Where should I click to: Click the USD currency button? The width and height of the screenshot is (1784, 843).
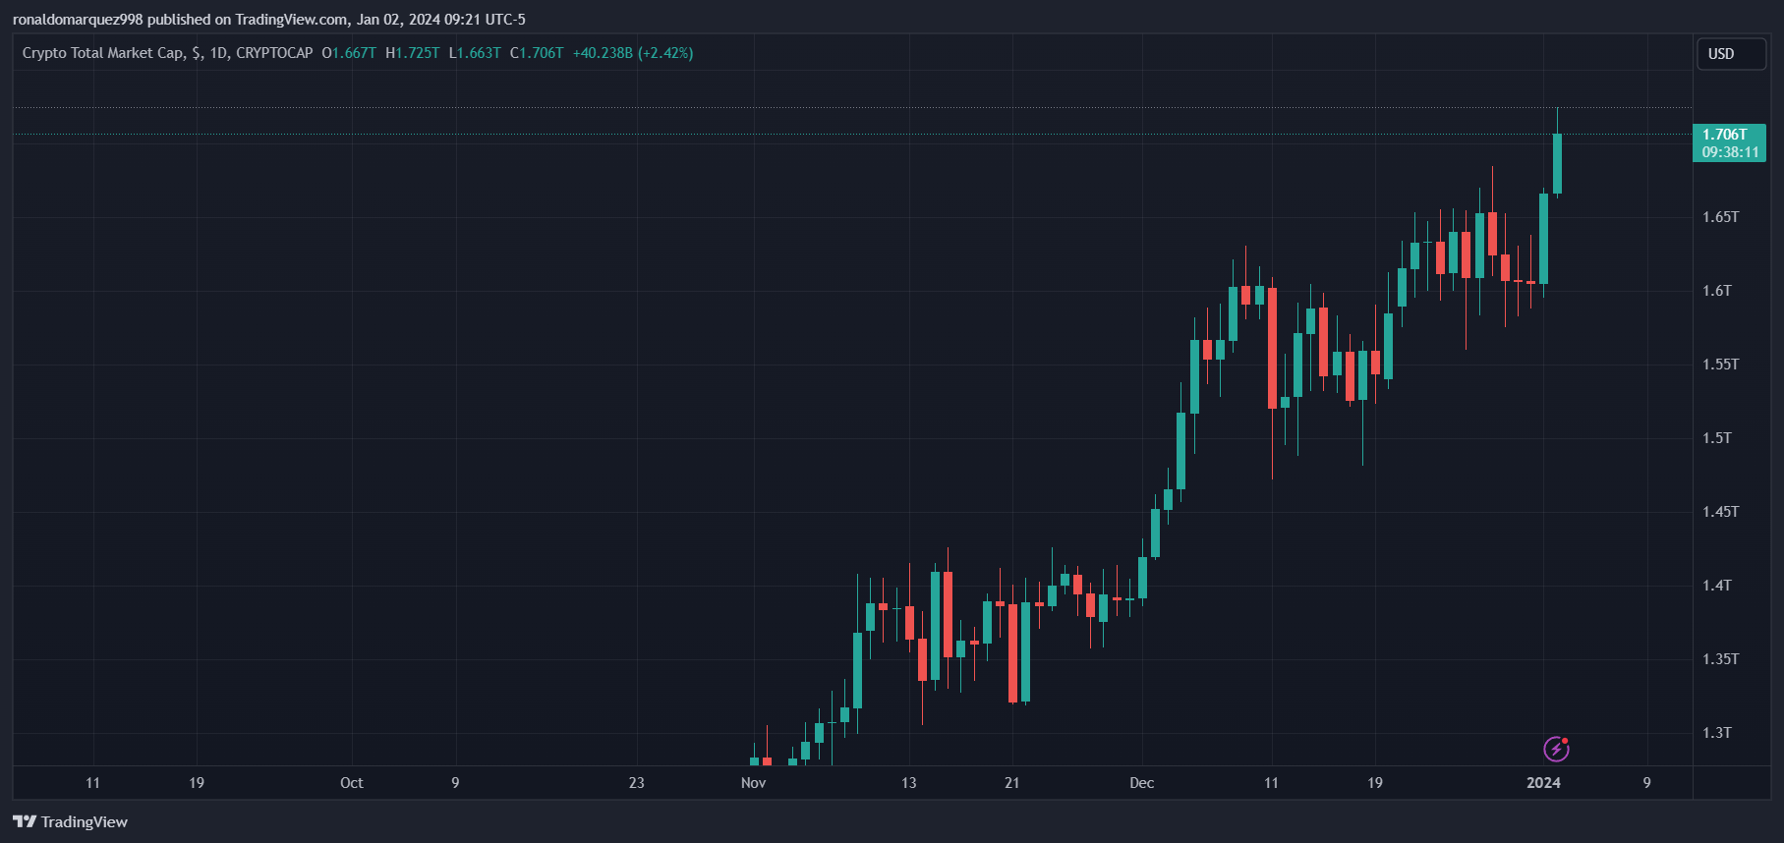pyautogui.click(x=1730, y=54)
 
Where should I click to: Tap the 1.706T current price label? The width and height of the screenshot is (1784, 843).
pyautogui.click(x=1728, y=142)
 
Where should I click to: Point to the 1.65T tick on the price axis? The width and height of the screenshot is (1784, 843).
pyautogui.click(x=1720, y=216)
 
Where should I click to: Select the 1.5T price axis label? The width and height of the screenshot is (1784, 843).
pyautogui.click(x=1717, y=438)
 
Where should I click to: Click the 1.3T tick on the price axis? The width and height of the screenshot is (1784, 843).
pyautogui.click(x=1717, y=733)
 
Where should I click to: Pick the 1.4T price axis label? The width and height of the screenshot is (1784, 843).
pyautogui.click(x=1717, y=586)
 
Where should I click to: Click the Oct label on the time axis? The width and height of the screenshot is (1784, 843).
pyautogui.click(x=351, y=783)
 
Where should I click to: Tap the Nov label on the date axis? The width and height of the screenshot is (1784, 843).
pyautogui.click(x=753, y=783)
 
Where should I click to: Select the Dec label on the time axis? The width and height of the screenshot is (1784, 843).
pyautogui.click(x=1141, y=783)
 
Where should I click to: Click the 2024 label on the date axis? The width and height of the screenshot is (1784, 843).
pyautogui.click(x=1543, y=783)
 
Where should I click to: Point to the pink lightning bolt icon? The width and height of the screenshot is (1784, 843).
pyautogui.click(x=1556, y=749)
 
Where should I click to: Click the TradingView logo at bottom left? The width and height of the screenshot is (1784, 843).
pyautogui.click(x=71, y=822)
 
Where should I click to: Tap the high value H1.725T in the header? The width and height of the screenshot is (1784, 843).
pyautogui.click(x=413, y=53)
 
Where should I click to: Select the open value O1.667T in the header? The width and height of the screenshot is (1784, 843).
pyautogui.click(x=349, y=53)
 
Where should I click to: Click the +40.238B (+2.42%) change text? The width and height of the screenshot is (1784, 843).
pyautogui.click(x=633, y=53)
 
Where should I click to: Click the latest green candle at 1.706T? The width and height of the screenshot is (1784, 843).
pyautogui.click(x=1557, y=164)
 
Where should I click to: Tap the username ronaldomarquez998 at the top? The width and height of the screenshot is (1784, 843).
pyautogui.click(x=78, y=20)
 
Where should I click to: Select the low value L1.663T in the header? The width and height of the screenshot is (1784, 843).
pyautogui.click(x=475, y=53)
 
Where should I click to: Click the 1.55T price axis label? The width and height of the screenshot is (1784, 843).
pyautogui.click(x=1720, y=365)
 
